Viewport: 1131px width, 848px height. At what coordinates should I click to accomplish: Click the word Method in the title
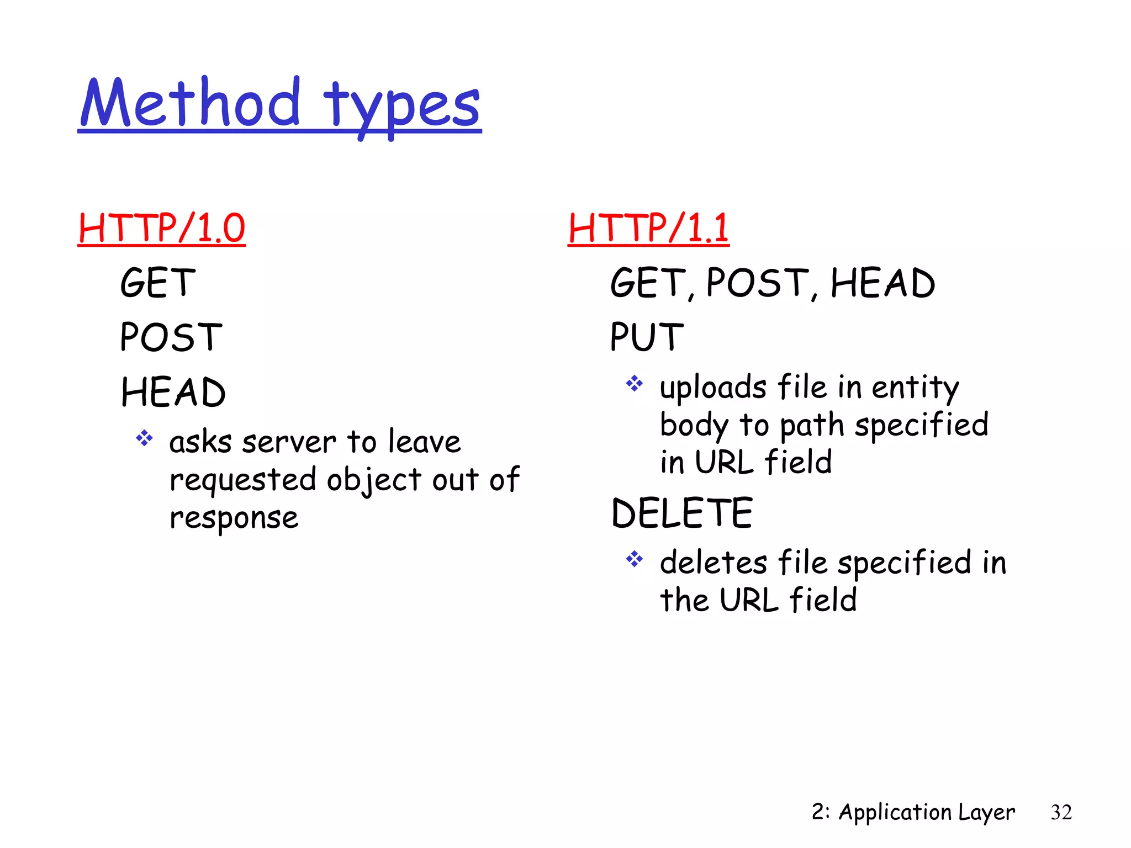point(190,104)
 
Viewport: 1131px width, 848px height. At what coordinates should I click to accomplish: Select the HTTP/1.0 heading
point(161,228)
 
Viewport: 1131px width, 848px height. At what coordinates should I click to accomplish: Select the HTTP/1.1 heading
point(648,228)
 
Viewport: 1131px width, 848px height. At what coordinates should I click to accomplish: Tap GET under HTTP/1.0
point(158,283)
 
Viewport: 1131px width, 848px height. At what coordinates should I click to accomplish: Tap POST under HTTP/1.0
point(171,337)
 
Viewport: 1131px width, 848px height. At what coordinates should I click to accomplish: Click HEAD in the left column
point(173,393)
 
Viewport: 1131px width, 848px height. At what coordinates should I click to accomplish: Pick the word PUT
point(647,337)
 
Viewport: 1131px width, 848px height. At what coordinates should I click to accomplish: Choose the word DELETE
point(682,513)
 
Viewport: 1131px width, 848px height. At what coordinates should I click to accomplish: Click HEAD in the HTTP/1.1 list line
point(882,283)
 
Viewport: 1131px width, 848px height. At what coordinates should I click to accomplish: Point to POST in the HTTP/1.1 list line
point(758,283)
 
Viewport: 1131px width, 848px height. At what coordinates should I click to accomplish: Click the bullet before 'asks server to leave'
point(144,438)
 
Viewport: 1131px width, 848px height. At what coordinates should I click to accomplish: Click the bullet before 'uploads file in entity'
point(635,383)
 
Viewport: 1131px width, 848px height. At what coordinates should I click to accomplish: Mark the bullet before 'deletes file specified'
point(635,559)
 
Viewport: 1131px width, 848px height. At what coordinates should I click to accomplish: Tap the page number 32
point(1061,812)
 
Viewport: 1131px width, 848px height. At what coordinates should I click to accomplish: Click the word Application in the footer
point(895,813)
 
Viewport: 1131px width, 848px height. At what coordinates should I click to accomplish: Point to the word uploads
point(713,388)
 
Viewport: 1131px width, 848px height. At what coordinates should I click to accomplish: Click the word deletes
point(714,563)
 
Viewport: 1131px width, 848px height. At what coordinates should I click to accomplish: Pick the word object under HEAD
point(374,480)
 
